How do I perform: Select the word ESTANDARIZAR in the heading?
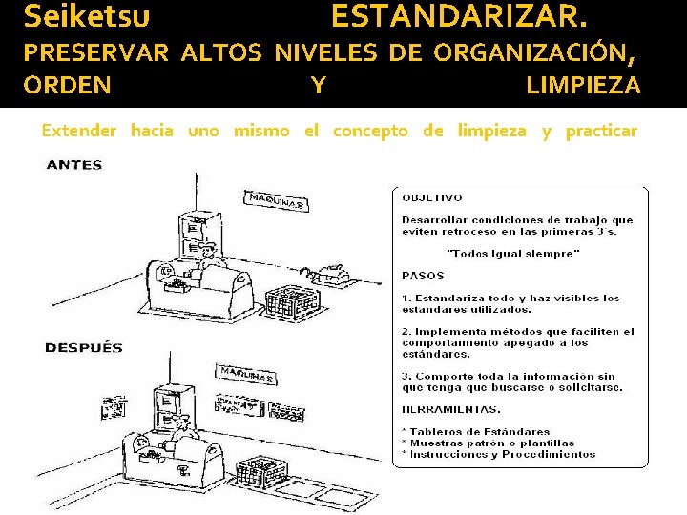coord(459,16)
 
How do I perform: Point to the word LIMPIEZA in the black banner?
coord(583,86)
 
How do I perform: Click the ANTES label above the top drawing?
coord(73,164)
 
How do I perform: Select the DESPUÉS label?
coord(84,347)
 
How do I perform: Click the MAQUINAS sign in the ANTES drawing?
coord(276,201)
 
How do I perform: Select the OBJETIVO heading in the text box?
coord(431,197)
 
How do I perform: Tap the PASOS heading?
coord(423,276)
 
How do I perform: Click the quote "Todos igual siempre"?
coord(512,253)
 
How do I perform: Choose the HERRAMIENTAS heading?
coord(450,409)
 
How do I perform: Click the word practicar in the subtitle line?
coord(601,131)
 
